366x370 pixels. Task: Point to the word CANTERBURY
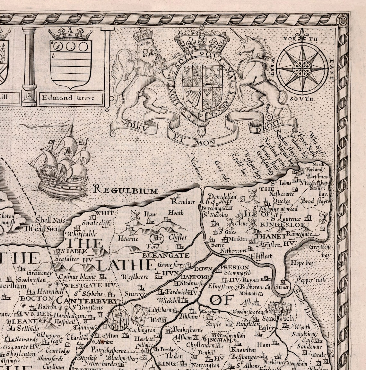pos(87,301)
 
